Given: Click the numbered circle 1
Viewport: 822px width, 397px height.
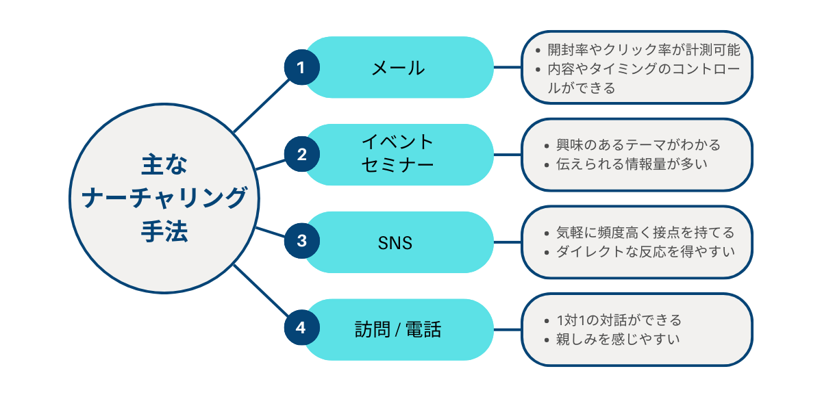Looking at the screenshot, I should [300, 67].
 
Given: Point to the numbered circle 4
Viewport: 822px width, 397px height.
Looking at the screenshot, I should [300, 329].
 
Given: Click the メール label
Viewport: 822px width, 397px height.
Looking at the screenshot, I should [397, 68].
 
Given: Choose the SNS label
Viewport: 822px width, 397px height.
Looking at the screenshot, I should [395, 242].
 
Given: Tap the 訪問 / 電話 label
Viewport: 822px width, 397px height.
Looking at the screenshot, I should [397, 330].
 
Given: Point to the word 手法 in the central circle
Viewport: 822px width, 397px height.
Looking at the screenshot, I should [164, 231].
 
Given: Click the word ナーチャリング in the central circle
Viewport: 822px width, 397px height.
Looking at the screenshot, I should [164, 198].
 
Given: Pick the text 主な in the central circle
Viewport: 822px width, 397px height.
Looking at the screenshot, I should [164, 165].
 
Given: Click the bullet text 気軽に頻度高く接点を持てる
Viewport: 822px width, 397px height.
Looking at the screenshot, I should [643, 232].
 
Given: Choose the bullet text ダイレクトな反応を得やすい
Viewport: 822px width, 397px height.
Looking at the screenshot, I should [644, 251].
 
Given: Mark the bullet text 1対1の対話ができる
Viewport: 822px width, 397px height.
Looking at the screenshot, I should [619, 320].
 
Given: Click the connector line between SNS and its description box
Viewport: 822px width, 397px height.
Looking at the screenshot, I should [508, 242].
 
